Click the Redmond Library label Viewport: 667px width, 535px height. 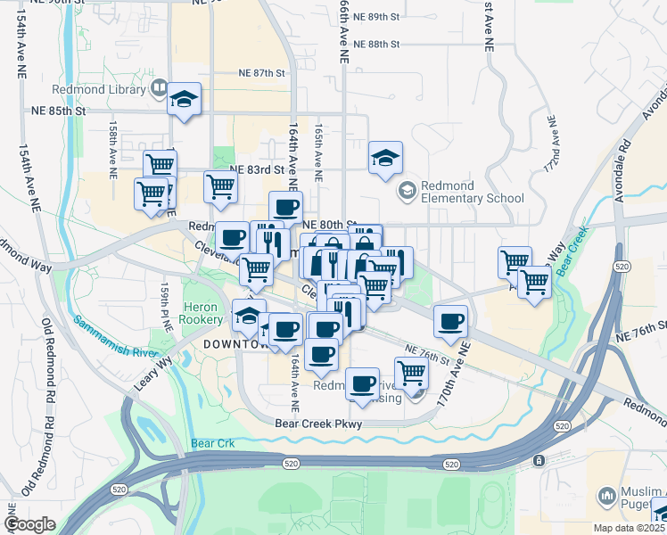(x=111, y=89)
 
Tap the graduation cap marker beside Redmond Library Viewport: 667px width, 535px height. (x=184, y=99)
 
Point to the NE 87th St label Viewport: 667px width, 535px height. (x=260, y=74)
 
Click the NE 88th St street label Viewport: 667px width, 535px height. (x=376, y=44)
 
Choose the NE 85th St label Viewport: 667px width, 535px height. (x=61, y=111)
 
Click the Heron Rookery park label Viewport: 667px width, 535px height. (x=202, y=312)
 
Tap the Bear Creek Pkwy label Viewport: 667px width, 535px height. (x=318, y=424)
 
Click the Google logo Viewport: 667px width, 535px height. (x=30, y=524)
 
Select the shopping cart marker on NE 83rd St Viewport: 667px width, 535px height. (x=220, y=187)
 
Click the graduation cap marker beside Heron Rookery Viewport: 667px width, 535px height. (x=249, y=316)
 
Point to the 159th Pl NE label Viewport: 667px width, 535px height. (x=165, y=309)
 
